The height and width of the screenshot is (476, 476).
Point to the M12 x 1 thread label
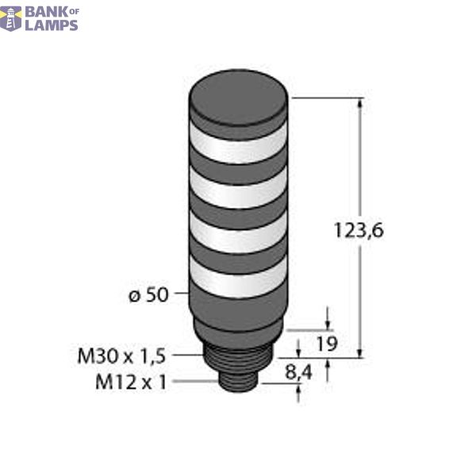(132, 382)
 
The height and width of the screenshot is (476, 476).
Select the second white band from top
(237, 193)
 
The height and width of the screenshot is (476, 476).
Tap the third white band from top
(237, 236)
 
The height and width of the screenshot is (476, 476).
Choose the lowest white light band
(237, 279)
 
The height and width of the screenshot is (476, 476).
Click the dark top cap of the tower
(237, 107)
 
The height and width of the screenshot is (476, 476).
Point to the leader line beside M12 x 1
(194, 382)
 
